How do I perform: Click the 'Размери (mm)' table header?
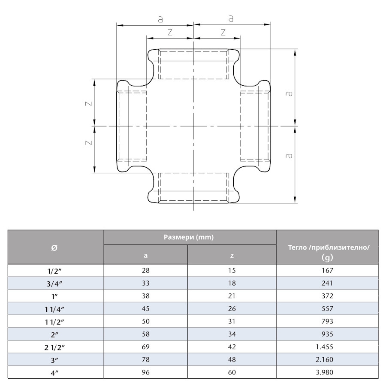(189, 237)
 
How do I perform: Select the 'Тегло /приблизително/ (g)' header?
(327, 252)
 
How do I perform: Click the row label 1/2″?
(55, 270)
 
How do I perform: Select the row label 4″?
(55, 372)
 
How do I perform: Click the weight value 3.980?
(327, 372)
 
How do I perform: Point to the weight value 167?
(327, 270)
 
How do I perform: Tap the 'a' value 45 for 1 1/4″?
(145, 308)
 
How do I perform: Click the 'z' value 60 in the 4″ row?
(232, 372)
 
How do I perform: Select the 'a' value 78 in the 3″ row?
(145, 359)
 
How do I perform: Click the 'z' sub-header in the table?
(232, 256)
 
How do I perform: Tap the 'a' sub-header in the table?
(145, 256)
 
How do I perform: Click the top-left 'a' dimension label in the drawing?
(160, 19)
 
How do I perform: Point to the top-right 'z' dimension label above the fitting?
(223, 32)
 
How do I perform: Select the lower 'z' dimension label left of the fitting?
(89, 142)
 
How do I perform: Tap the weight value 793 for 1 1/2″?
(327, 321)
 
